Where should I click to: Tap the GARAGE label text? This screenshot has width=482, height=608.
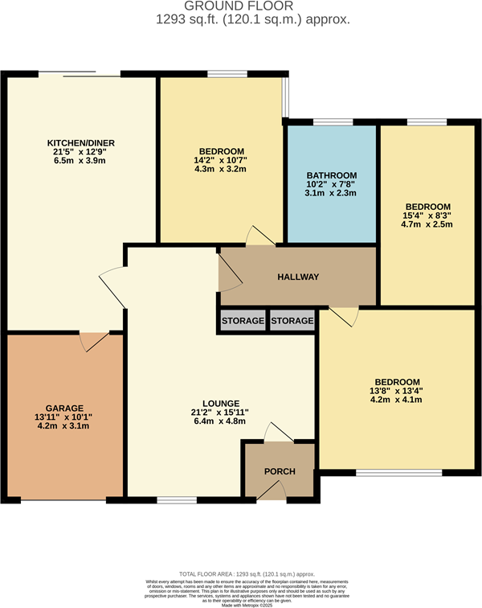pyautogui.click(x=65, y=408)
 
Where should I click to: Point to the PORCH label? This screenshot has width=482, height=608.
pyautogui.click(x=280, y=471)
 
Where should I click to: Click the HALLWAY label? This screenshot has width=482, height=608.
pyautogui.click(x=298, y=277)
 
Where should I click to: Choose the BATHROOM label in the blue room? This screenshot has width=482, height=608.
pyautogui.click(x=331, y=175)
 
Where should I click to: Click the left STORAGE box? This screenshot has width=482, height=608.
pyautogui.click(x=243, y=321)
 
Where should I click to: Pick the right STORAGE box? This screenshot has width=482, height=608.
pyautogui.click(x=292, y=321)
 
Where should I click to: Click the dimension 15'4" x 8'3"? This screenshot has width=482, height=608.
pyautogui.click(x=427, y=215)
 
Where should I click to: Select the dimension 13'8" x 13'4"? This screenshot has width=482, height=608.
pyautogui.click(x=397, y=391)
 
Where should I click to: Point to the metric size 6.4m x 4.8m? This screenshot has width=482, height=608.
pyautogui.click(x=214, y=421)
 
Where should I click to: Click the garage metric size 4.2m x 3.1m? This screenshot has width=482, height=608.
pyautogui.click(x=65, y=426)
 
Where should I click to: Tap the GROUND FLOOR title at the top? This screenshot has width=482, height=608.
pyautogui.click(x=241, y=6)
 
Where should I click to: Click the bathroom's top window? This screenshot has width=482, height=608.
pyautogui.click(x=332, y=122)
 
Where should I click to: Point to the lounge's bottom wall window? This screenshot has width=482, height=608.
pyautogui.click(x=173, y=499)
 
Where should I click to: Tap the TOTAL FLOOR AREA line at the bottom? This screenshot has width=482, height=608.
pyautogui.click(x=241, y=570)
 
